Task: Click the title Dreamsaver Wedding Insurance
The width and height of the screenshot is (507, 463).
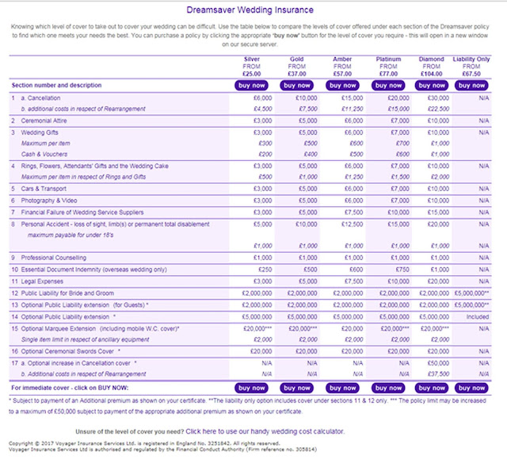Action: (x=253, y=11)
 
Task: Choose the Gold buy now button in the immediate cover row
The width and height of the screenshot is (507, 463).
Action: (x=297, y=388)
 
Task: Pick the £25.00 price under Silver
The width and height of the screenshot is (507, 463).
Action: (x=252, y=71)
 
